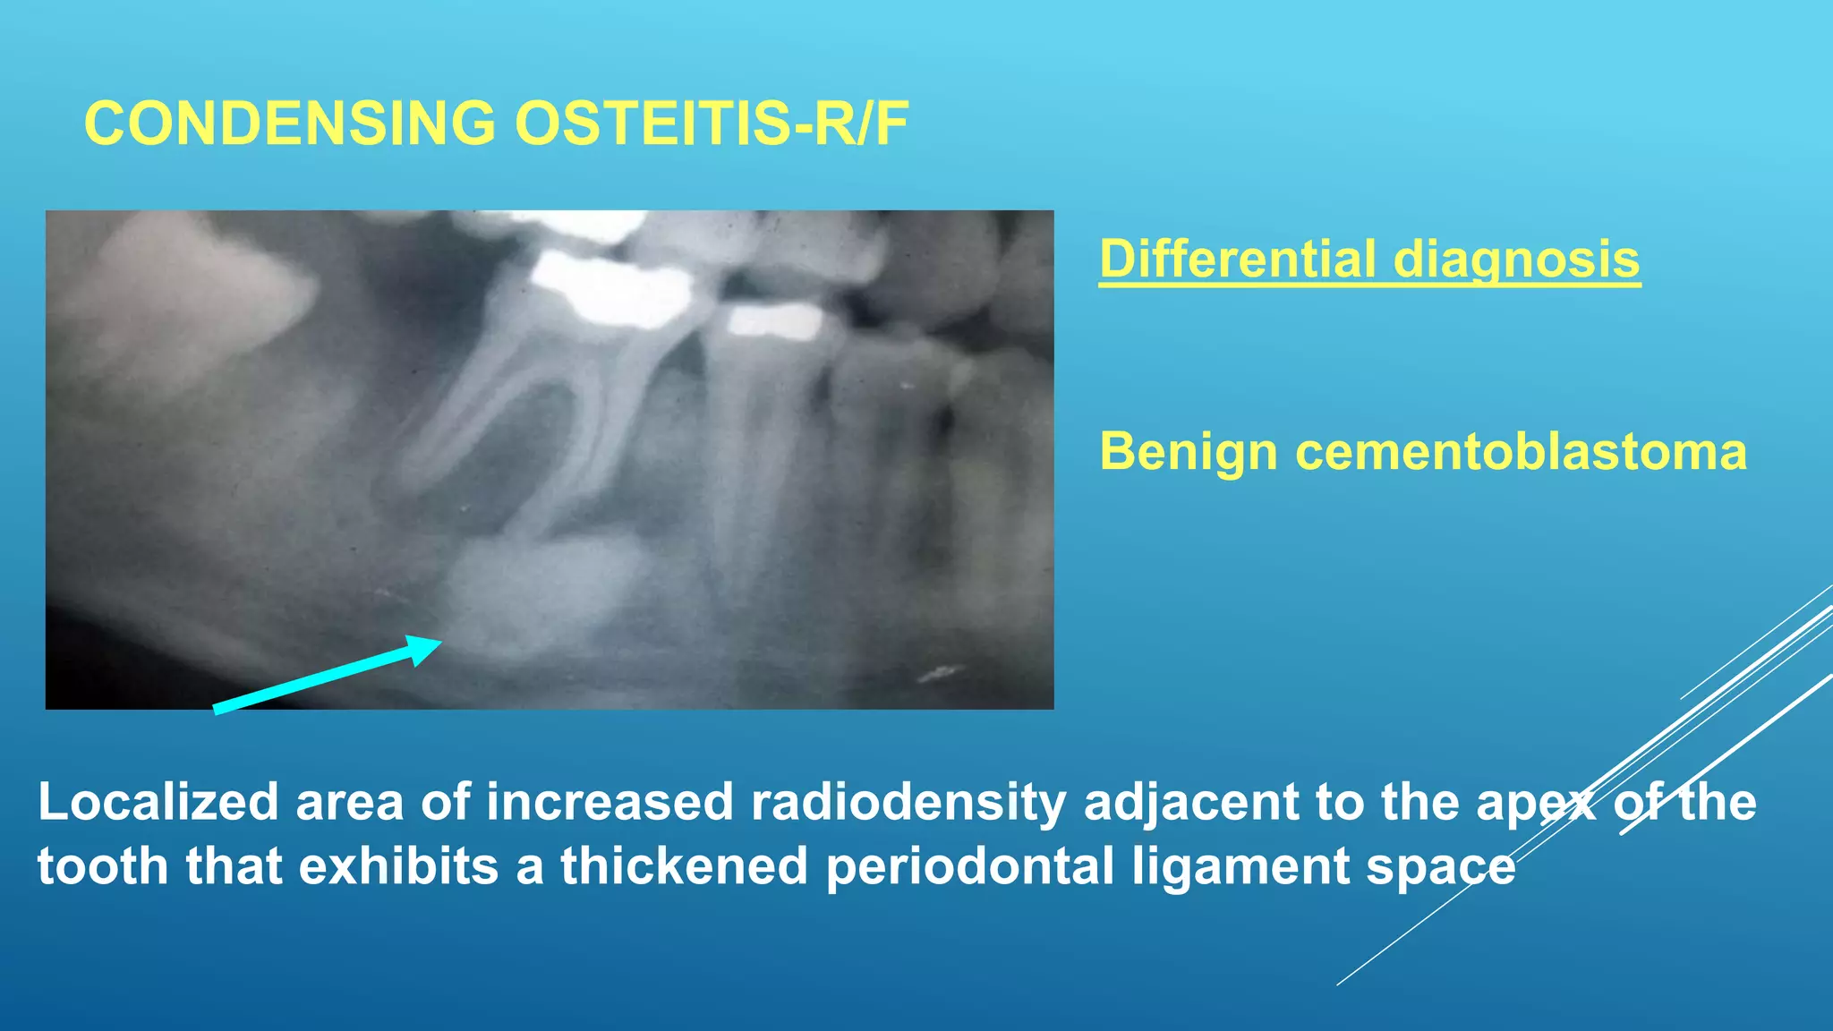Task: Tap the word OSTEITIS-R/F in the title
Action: [711, 124]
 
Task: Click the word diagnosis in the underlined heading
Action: [1516, 260]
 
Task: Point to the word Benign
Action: [1187, 451]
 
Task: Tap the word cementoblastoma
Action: [1521, 451]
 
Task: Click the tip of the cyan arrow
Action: [439, 641]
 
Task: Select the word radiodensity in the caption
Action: [908, 802]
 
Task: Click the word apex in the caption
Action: [1536, 802]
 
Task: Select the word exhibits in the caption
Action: [397, 866]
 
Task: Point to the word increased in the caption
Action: [610, 802]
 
